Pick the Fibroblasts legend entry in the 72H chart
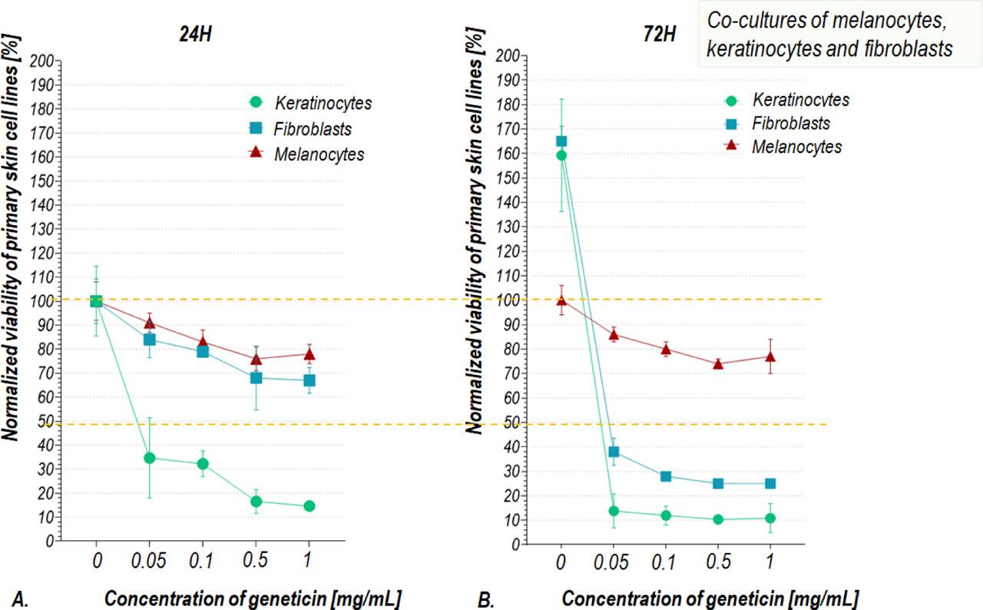(x=790, y=124)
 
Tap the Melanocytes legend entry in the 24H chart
(x=318, y=155)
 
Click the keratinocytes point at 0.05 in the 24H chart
(x=150, y=458)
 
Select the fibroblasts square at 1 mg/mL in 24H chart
(x=309, y=380)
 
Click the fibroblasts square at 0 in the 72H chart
(x=561, y=141)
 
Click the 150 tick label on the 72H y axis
(x=508, y=177)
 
